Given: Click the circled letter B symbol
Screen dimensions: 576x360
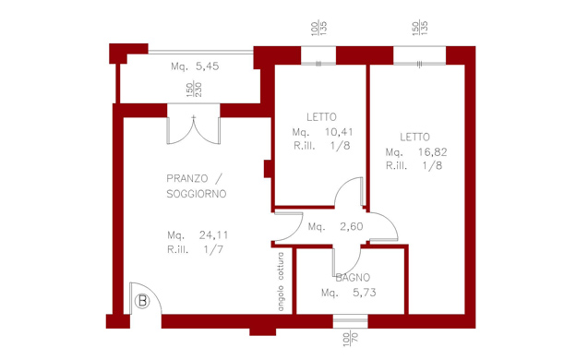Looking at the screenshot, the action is [142, 302].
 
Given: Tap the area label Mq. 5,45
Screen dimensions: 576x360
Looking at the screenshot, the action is [195, 66].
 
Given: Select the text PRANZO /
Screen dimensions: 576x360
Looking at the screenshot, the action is [195, 178].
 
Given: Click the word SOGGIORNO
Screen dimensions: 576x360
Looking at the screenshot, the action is [197, 194].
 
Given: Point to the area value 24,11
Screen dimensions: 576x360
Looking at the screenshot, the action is [213, 234].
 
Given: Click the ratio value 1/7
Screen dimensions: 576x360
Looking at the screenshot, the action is [213, 250].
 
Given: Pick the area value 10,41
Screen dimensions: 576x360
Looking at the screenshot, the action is [339, 131].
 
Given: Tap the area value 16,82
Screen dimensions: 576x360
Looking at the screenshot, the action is [432, 151].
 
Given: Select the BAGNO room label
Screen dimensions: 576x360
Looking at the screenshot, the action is [353, 278].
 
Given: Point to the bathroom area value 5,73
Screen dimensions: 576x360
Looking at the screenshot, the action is [365, 293].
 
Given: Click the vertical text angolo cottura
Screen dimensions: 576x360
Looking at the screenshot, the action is [281, 282].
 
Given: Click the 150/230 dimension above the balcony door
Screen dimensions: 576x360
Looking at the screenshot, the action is [194, 90].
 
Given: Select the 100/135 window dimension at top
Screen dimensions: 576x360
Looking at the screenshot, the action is [318, 29].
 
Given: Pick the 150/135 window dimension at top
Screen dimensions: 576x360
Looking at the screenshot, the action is [420, 29].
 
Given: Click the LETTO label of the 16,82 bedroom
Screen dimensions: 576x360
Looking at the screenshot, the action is [414, 137].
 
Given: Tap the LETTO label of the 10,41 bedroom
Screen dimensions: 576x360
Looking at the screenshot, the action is [321, 117].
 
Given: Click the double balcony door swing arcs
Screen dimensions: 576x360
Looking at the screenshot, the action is [194, 130].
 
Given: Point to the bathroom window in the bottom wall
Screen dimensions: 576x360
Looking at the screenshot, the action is [351, 321].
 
